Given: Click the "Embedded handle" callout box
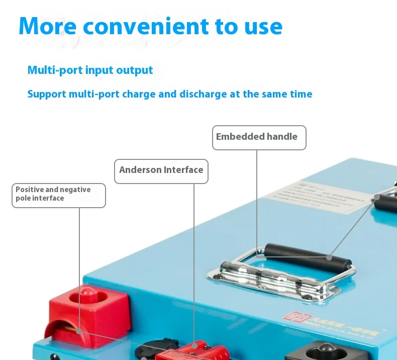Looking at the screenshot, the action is [259, 137].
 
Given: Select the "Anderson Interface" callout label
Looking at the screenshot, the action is [161, 171].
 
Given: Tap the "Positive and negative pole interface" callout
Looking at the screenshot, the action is [58, 195].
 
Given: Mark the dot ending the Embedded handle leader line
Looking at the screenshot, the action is [329, 257].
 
